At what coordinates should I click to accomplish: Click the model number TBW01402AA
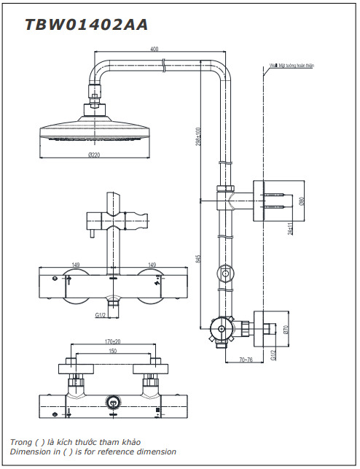[86, 24]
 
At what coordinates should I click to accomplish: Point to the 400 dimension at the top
[154, 49]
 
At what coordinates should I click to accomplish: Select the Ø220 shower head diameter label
[94, 155]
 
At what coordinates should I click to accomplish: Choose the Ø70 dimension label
[287, 328]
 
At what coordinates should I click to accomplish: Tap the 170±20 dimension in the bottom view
[113, 340]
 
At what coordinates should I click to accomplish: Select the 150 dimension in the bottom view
[112, 351]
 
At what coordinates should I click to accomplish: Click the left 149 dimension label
[75, 265]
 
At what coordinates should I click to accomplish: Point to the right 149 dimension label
[152, 265]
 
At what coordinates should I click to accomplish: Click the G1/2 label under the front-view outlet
[101, 314]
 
